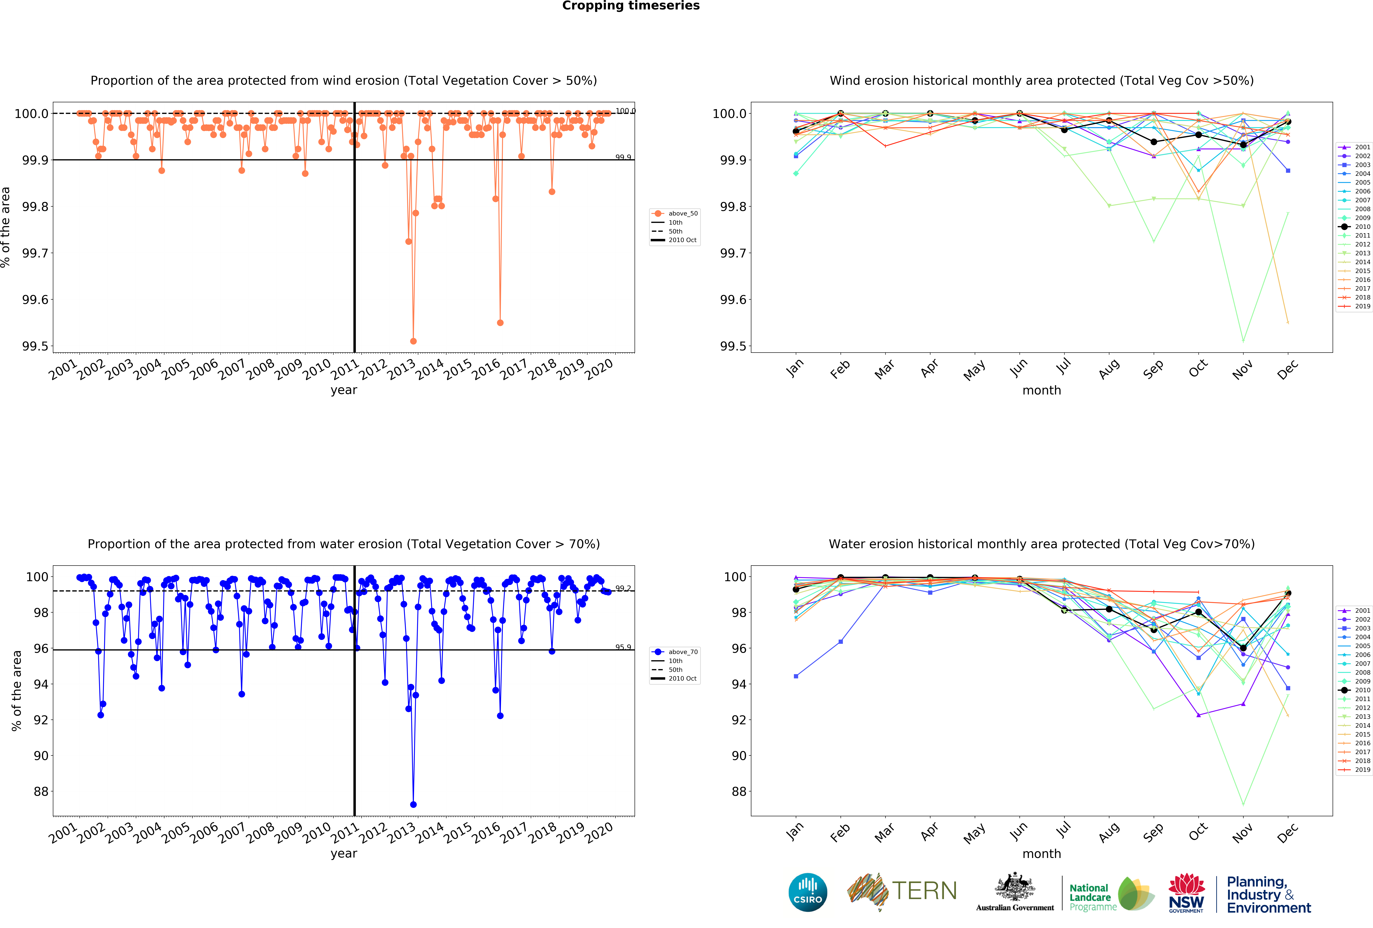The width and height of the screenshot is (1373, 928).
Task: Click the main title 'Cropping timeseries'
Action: (x=630, y=6)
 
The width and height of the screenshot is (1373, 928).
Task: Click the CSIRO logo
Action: (x=808, y=892)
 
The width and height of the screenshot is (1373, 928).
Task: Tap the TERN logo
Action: (x=902, y=891)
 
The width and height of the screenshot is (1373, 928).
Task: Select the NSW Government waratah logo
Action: (x=1186, y=893)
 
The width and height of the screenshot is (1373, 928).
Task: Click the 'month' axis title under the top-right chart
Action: (x=1042, y=390)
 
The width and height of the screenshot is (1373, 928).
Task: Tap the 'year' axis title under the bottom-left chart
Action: (x=344, y=853)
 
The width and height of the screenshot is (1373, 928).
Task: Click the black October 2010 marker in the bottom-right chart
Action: (x=1198, y=612)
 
